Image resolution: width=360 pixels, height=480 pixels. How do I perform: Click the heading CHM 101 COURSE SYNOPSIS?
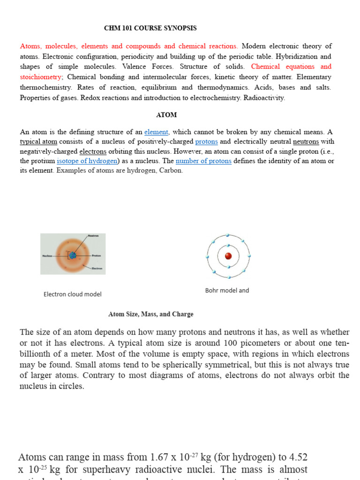[x=150, y=28]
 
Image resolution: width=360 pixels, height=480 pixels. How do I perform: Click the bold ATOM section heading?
[x=166, y=115]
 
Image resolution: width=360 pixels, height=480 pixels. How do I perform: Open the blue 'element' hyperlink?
[x=156, y=132]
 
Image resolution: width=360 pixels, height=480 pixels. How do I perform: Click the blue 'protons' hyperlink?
[x=206, y=142]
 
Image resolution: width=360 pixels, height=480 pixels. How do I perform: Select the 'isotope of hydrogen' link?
[x=87, y=161]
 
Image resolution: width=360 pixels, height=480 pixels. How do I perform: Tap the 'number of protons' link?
[x=203, y=161]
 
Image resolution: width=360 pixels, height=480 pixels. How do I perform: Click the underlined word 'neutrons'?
[x=306, y=142]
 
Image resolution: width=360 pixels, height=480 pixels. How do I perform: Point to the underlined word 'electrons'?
[x=93, y=151]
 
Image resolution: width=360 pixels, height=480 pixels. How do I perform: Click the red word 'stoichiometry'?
[x=40, y=77]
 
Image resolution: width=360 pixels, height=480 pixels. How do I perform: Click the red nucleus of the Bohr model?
[x=228, y=256]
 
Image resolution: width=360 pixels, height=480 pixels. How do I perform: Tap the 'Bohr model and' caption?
[x=227, y=291]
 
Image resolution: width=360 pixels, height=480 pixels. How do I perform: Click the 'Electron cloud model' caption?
[x=72, y=294]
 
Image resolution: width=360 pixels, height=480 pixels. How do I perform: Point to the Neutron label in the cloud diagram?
[x=93, y=236]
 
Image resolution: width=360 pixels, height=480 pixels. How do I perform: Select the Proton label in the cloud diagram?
[x=96, y=256]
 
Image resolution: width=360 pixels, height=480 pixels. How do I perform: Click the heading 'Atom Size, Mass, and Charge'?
[x=150, y=314]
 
